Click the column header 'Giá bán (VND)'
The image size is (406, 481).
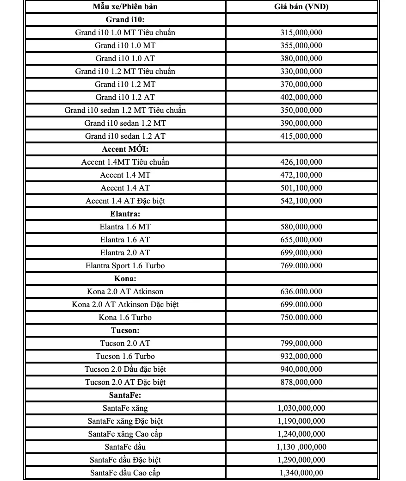click(x=301, y=6)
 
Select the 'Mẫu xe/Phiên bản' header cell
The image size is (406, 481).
click(x=125, y=6)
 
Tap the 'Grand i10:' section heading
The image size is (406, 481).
click(x=125, y=19)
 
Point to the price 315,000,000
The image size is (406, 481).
click(x=301, y=32)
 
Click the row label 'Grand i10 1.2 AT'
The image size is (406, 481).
click(x=125, y=97)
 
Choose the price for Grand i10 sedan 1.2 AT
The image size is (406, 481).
click(x=301, y=136)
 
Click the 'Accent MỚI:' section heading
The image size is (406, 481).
click(x=125, y=149)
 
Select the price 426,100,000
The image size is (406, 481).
click(x=301, y=162)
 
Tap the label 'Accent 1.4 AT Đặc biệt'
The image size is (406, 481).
click(x=125, y=201)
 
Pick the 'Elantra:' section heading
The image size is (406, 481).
click(x=125, y=214)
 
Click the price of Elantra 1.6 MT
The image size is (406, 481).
click(x=301, y=227)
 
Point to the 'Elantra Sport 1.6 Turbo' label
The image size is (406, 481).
click(x=125, y=265)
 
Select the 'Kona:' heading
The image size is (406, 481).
click(x=125, y=278)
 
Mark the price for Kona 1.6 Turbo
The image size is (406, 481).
click(x=301, y=317)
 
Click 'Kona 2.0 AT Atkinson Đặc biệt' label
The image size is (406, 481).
click(x=125, y=304)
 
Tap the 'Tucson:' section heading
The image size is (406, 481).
click(x=125, y=330)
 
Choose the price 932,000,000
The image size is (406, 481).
click(x=301, y=356)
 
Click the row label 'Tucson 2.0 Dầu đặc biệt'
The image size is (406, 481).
click(x=125, y=369)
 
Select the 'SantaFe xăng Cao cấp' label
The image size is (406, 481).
click(x=125, y=434)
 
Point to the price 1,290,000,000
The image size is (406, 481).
click(x=301, y=460)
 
